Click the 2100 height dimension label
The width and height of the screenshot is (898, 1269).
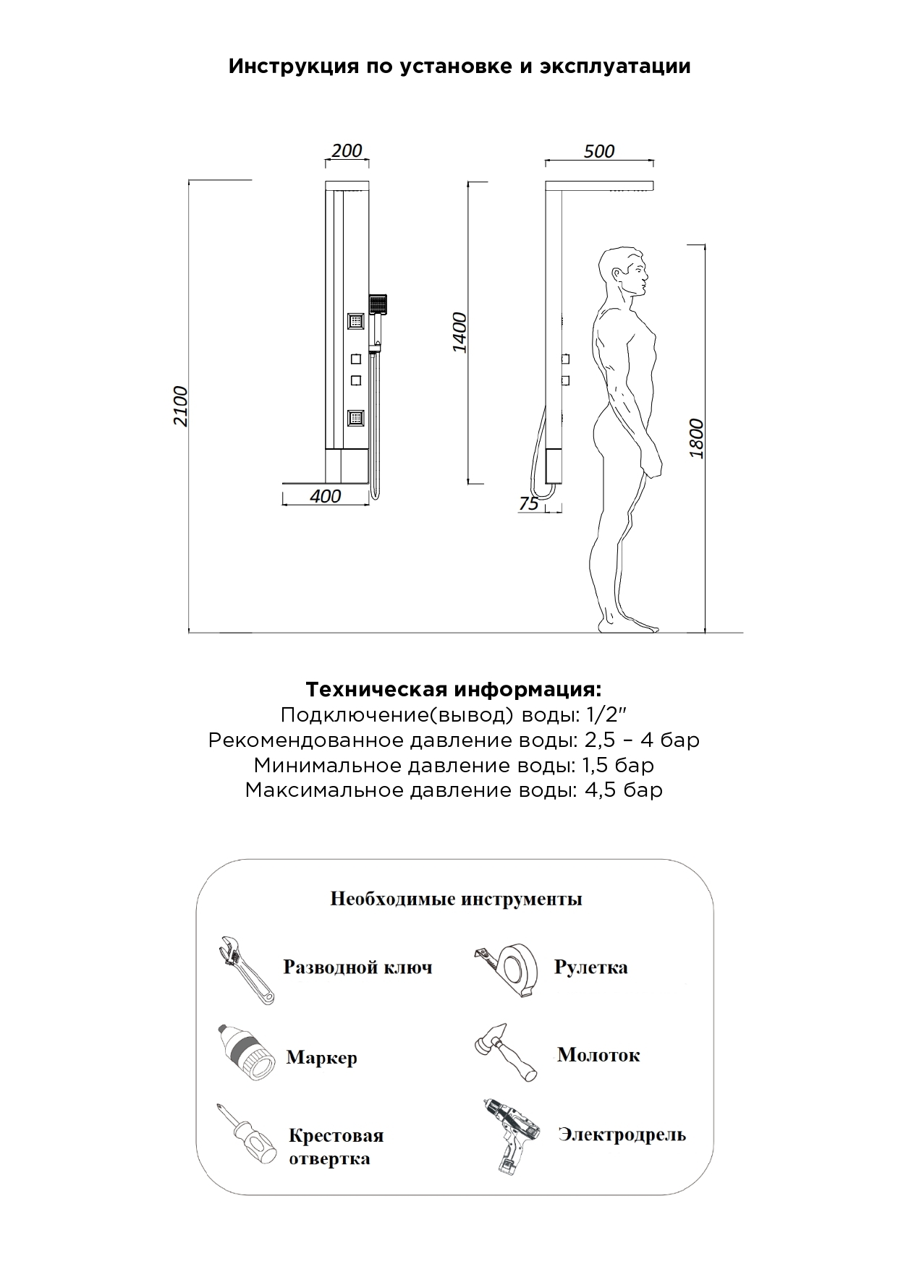click(180, 406)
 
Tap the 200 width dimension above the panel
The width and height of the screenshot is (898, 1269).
click(347, 150)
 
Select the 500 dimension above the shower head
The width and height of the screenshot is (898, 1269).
click(598, 151)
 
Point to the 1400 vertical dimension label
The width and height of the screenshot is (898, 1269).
click(459, 333)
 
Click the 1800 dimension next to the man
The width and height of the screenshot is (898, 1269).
click(696, 437)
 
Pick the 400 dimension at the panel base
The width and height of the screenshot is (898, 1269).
click(325, 496)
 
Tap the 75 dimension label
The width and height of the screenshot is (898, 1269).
click(529, 503)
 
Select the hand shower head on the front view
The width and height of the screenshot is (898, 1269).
click(378, 304)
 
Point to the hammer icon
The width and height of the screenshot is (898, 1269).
click(505, 1053)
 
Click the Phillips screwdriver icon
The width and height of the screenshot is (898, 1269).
click(246, 1134)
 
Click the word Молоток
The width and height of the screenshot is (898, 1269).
click(598, 1055)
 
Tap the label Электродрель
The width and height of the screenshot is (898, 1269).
click(622, 1135)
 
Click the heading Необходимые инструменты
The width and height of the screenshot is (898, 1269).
click(456, 899)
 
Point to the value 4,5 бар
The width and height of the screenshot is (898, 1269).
click(623, 790)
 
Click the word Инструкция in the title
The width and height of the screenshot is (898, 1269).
click(292, 67)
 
